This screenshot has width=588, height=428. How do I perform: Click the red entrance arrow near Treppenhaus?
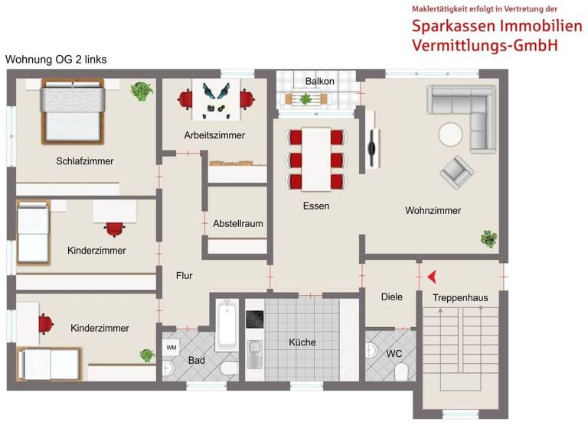coord(433,276)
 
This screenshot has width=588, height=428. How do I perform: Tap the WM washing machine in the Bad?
coord(171,348)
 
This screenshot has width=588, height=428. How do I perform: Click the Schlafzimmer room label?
coord(85,161)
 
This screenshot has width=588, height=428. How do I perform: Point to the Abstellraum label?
coord(238,224)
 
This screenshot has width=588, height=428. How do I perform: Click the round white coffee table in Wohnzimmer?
coord(450,135)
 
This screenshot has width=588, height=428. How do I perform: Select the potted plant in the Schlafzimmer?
coord(140,92)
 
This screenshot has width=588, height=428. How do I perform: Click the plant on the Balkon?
coord(306,99)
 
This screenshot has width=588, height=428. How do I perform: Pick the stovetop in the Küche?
coord(254,319)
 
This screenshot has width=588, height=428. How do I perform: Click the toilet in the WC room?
coord(401,371)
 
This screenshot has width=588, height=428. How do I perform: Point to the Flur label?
coord(185,276)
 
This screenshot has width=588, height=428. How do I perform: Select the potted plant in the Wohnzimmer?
coord(488,238)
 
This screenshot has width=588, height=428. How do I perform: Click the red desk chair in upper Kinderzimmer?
coord(115,228)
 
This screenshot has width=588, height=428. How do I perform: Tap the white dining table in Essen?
coord(315,157)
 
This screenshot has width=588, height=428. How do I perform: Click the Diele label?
coord(391,297)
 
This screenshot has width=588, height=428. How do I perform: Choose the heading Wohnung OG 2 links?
coord(56,59)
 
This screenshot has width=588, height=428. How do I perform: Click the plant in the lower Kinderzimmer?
coord(146,355)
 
